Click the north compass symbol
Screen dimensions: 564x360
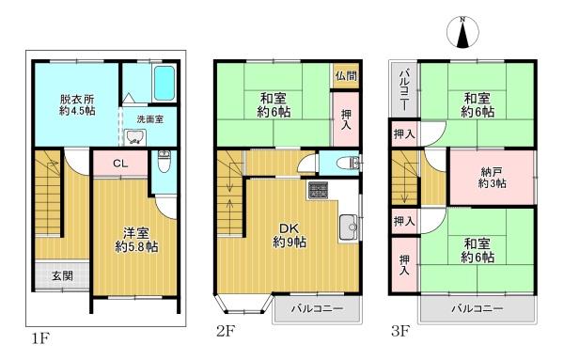(462, 32)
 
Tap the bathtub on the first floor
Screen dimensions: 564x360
(164, 84)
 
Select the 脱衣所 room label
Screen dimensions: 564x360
(77, 104)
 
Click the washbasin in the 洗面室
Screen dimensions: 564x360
(135, 137)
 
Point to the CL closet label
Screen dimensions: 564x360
(120, 164)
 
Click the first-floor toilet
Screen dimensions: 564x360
(164, 161)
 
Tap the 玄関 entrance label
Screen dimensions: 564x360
(63, 275)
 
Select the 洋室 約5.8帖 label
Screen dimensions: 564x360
(136, 240)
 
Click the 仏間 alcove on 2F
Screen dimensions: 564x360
(346, 76)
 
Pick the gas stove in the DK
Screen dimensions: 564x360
(317, 190)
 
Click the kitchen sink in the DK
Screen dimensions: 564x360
(348, 227)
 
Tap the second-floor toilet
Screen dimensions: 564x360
(347, 164)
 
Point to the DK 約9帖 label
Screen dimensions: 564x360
(290, 236)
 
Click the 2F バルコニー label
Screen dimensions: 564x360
(317, 308)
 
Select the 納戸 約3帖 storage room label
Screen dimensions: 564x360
(492, 178)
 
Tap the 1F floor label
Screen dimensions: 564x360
(40, 338)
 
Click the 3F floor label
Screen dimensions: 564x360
(400, 331)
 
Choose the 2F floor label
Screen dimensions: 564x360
(226, 331)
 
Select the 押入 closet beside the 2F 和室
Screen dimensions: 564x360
(346, 119)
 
